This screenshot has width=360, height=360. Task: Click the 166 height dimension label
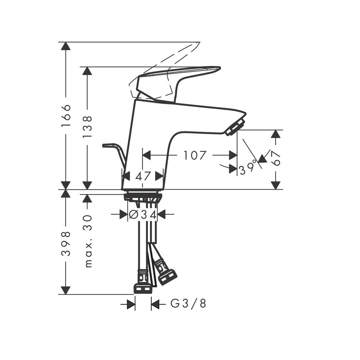click(66, 116)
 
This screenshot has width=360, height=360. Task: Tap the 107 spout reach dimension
click(195, 155)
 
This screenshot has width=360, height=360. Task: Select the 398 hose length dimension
click(66, 243)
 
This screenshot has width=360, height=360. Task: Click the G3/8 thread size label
click(188, 304)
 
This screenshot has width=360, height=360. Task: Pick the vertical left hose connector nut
click(143, 286)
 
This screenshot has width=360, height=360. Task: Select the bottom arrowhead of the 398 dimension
click(66, 290)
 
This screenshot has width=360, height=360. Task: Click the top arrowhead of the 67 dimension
click(276, 134)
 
